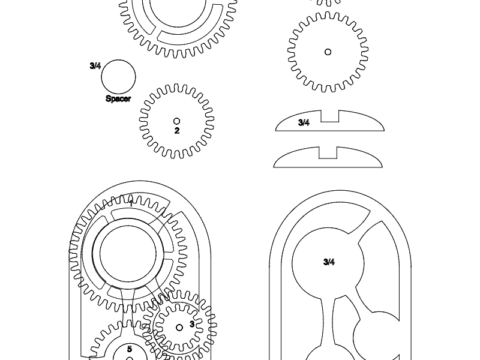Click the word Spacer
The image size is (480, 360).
click(x=121, y=100)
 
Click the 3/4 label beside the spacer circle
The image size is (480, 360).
click(x=95, y=65)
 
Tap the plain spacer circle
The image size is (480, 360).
click(x=120, y=76)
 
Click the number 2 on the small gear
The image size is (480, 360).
click(x=176, y=130)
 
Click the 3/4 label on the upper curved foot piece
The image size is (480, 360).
click(x=304, y=121)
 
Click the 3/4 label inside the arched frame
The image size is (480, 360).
click(x=329, y=262)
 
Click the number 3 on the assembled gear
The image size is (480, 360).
click(x=191, y=325)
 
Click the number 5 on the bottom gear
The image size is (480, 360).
click(x=129, y=351)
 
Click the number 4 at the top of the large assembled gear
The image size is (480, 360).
click(x=130, y=200)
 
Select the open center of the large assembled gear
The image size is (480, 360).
click(x=127, y=251)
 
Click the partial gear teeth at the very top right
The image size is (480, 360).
click(x=327, y=4)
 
